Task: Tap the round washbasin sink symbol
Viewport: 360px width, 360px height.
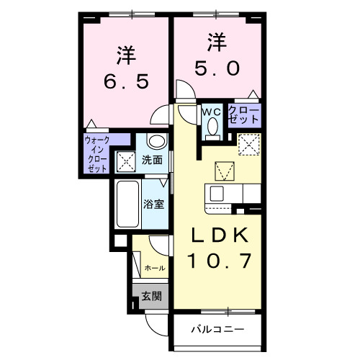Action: (x=156, y=141)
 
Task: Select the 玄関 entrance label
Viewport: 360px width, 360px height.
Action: (x=150, y=295)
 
